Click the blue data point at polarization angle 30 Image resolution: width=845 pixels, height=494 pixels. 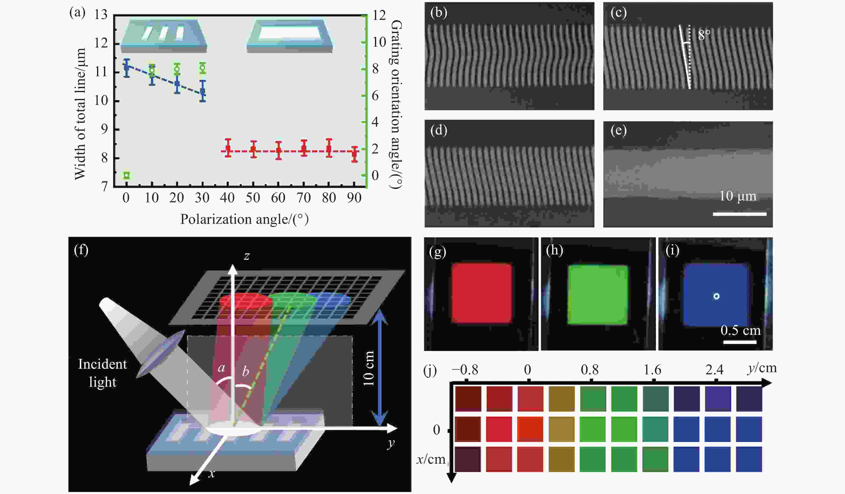203,91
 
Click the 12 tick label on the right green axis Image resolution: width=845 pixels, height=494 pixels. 379,15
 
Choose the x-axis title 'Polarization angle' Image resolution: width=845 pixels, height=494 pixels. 244,219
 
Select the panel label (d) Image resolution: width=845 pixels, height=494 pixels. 439,130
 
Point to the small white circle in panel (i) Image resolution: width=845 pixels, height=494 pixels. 716,296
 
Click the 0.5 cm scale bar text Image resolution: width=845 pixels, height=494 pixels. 740,330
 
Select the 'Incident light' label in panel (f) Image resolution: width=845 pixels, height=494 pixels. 102,373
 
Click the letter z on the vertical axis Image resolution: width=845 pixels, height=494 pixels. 247,256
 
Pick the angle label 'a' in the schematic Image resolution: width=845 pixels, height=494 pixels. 221,368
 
